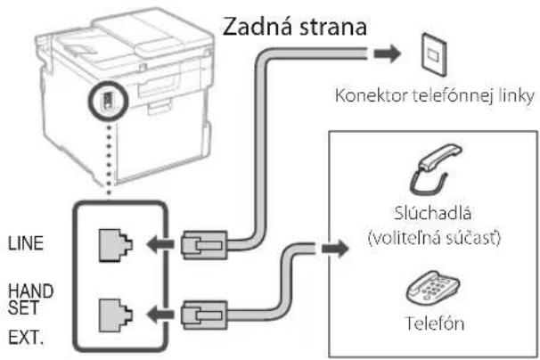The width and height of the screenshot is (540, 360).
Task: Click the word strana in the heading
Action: pos(333,28)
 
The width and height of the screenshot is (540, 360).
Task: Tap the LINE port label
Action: pos(26,243)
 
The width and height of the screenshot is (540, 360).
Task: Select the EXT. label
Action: pos(26,338)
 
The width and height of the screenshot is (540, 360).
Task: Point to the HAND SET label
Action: pos(30,299)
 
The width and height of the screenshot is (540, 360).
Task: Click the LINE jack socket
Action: pos(115,245)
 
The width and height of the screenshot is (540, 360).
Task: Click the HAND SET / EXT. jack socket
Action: pos(115,315)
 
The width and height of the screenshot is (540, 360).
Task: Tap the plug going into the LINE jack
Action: pos(204,245)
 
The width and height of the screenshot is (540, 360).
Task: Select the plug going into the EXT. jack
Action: pos(204,315)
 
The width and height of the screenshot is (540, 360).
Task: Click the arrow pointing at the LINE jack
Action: pos(160,244)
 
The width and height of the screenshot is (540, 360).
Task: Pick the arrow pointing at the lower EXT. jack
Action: pos(160,315)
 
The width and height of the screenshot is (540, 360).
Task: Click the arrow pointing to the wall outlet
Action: pos(388,54)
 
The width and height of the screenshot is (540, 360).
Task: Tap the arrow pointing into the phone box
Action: pos(335,249)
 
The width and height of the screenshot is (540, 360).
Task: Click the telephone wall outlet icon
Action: pos(435,54)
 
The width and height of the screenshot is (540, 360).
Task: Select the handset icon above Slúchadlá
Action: pos(436,168)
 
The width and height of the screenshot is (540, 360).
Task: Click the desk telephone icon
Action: pos(433,288)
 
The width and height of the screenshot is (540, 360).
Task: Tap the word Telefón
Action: pos(435,323)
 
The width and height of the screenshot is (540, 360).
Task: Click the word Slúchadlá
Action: pos(432,213)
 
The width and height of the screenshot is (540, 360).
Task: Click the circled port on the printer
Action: pos(108,101)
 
